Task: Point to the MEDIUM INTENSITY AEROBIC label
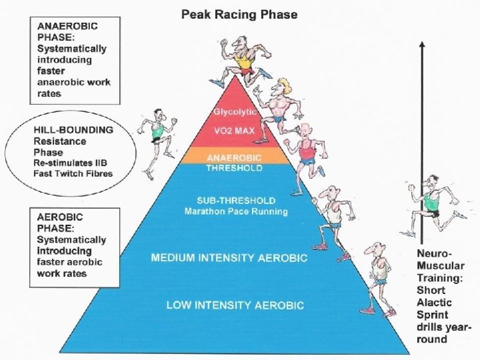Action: point(229,257)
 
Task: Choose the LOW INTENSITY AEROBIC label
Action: point(235,305)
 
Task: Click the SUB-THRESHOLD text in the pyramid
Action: point(236,200)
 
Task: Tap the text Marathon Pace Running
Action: point(236,211)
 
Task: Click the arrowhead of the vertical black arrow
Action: point(421,44)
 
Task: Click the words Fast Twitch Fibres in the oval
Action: point(73,173)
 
